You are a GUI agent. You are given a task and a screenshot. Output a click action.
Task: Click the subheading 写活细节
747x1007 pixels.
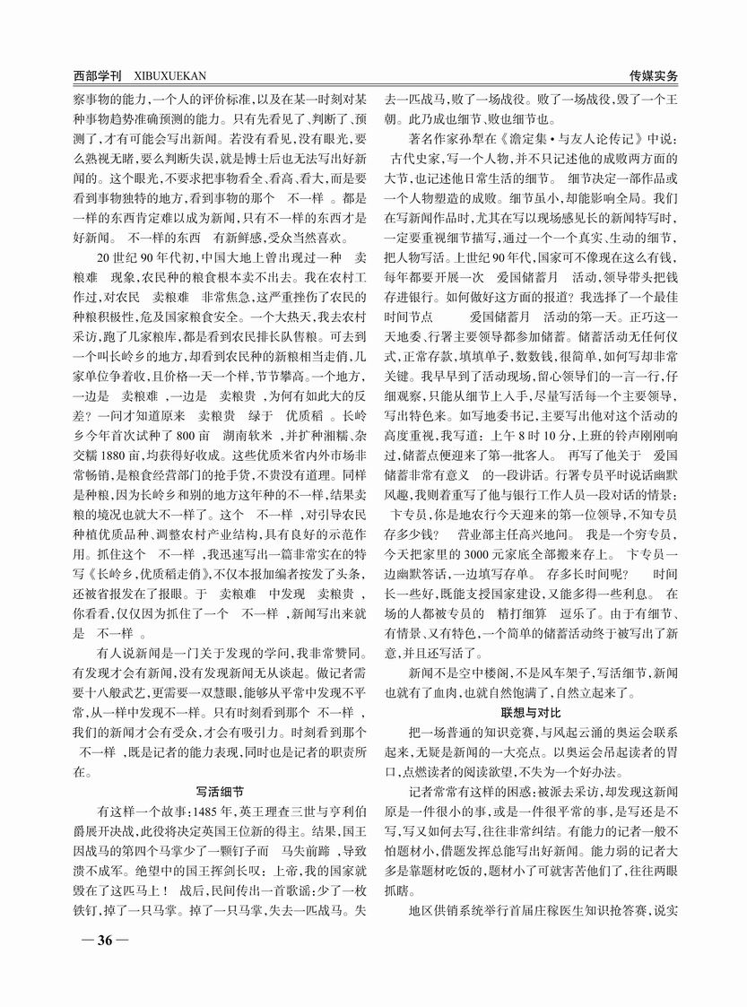220,791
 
